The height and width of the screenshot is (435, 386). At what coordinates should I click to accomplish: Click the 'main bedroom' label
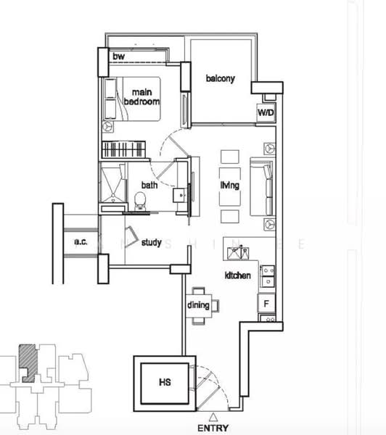141,96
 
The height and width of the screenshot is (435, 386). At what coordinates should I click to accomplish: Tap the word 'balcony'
220,79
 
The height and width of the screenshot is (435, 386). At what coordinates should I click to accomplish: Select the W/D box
266,114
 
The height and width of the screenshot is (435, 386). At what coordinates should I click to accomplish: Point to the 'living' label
230,186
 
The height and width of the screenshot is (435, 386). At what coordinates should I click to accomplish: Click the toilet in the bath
142,199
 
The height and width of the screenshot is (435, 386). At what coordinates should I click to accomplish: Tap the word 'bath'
149,185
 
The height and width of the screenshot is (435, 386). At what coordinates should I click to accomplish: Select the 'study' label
151,242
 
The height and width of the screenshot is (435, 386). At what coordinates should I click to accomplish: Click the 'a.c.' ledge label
81,242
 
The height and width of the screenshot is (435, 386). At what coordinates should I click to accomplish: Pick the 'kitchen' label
238,275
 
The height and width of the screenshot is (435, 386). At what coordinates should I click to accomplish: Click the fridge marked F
267,304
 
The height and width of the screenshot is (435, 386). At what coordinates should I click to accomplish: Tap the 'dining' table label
199,305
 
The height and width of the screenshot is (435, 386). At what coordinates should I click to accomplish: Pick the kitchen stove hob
267,276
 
